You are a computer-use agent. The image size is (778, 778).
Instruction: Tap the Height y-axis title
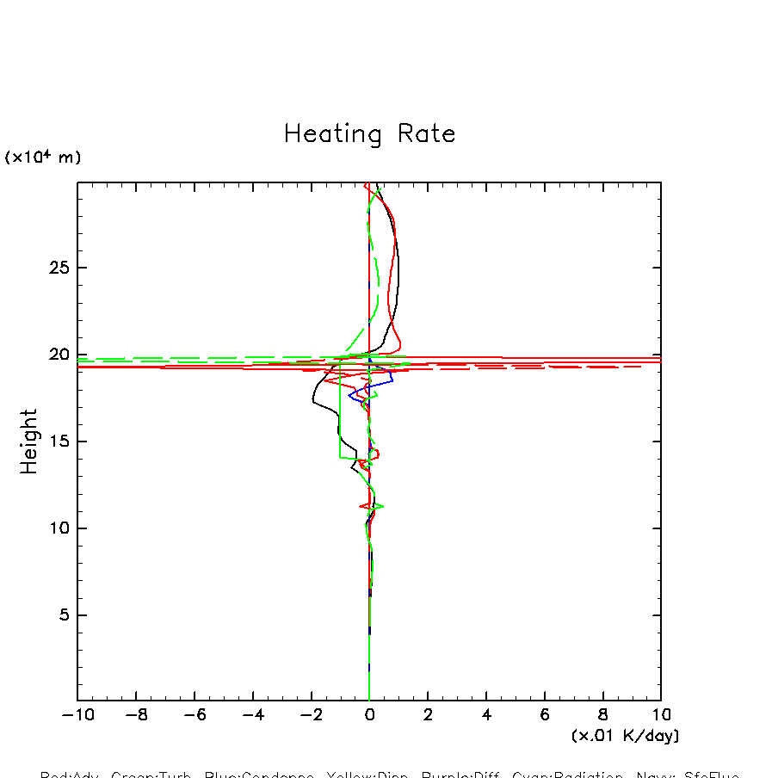(29, 441)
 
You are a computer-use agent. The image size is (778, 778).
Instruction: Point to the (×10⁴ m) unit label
(43, 157)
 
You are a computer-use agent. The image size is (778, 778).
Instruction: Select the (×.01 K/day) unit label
(625, 736)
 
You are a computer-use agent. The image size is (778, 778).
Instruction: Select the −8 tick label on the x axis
(134, 715)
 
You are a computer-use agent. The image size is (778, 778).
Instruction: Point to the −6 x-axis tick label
(193, 715)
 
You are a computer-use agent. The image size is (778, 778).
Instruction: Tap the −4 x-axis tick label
(251, 715)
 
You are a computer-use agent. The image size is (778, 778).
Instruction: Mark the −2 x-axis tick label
(310, 715)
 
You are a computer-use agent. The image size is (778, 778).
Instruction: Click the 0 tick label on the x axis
(369, 715)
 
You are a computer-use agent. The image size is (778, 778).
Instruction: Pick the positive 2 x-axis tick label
(428, 715)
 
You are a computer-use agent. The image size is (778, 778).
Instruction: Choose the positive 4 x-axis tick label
(486, 715)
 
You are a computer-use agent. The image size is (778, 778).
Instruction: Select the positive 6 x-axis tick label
(545, 715)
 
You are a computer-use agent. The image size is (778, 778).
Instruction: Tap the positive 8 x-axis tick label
(603, 715)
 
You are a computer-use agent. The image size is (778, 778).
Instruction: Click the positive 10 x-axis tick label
(661, 715)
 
